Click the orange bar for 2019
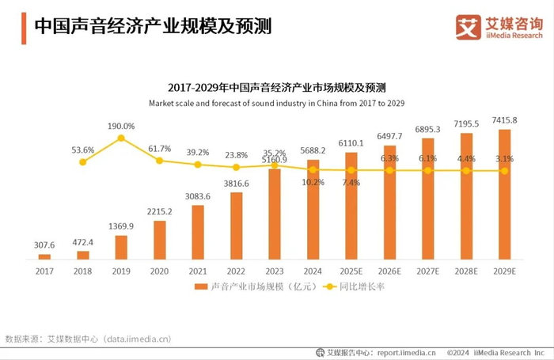click(121, 247)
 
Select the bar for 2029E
click(504, 194)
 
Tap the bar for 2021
click(198, 232)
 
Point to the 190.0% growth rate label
click(121, 126)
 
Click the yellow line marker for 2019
click(121, 138)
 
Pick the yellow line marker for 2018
click(83, 161)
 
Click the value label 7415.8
click(504, 120)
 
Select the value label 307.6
click(45, 245)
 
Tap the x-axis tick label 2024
click(313, 270)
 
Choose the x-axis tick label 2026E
click(389, 270)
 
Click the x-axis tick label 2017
click(45, 270)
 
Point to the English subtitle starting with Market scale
click(276, 103)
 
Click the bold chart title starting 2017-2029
click(276, 87)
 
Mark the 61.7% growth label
click(160, 149)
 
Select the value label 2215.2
click(160, 211)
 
